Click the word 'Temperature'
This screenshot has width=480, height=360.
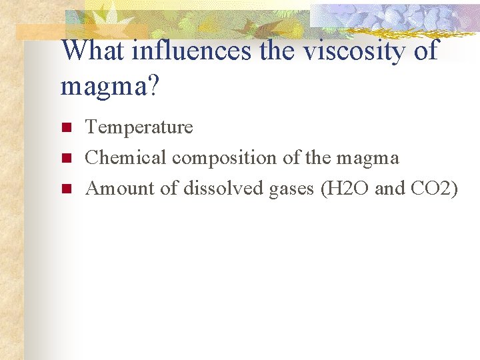point(139,127)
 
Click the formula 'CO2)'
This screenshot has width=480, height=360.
point(435,189)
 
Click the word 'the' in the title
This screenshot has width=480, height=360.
point(279,51)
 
